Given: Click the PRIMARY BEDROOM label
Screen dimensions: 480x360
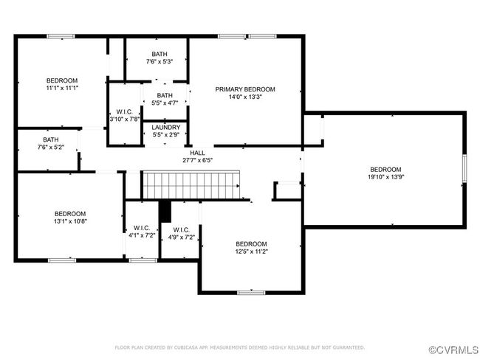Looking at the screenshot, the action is click(x=245, y=89).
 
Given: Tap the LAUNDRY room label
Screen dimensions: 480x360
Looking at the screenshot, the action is click(x=166, y=127).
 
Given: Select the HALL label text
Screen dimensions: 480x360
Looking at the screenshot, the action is click(x=197, y=153).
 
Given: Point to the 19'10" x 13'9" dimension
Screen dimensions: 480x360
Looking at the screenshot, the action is click(x=385, y=177).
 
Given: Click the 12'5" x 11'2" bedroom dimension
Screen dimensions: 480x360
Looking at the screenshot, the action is click(x=251, y=252).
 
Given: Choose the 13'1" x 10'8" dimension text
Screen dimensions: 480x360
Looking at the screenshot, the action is click(x=70, y=221).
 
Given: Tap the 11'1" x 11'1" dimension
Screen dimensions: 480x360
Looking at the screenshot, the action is click(x=62, y=88).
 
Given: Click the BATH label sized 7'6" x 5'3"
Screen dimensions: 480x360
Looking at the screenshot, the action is click(x=160, y=54).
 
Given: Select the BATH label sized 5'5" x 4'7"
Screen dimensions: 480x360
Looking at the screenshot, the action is click(x=165, y=95).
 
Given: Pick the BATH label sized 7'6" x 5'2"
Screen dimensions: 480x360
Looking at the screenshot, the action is click(x=51, y=139).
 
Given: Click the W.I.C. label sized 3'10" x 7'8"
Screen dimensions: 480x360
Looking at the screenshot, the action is click(x=125, y=111).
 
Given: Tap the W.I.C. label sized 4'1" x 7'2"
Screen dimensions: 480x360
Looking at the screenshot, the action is click(x=142, y=228).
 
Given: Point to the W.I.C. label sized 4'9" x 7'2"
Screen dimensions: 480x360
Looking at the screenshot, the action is click(x=181, y=229).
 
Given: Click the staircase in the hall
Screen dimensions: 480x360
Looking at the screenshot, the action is click(x=191, y=185).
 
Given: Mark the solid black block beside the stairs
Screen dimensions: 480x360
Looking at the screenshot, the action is click(x=165, y=211).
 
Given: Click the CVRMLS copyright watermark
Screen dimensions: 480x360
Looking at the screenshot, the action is click(x=453, y=350).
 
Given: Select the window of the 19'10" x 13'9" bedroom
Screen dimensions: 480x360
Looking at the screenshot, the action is click(x=464, y=168).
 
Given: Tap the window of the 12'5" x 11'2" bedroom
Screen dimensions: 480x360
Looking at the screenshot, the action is click(x=251, y=293).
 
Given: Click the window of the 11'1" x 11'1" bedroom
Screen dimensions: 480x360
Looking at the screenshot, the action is click(x=61, y=36).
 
